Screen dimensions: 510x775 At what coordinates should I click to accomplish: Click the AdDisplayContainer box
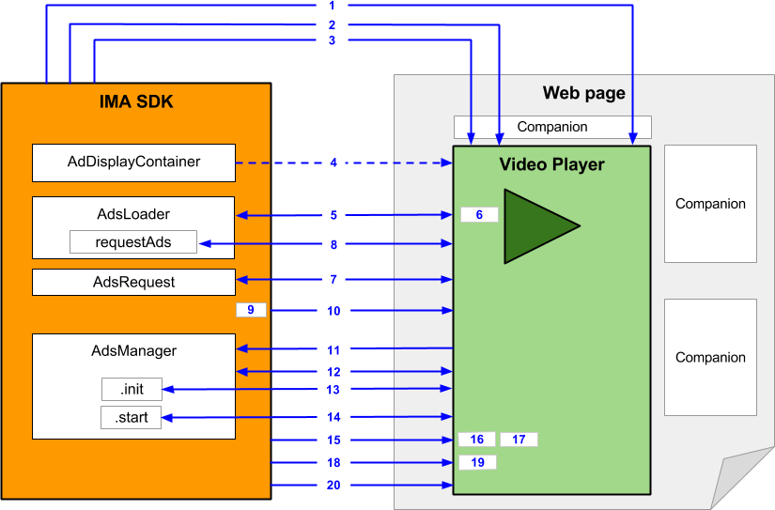point(133,162)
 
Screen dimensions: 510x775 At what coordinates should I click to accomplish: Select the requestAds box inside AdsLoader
point(133,242)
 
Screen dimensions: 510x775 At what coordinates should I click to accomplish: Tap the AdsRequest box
point(133,282)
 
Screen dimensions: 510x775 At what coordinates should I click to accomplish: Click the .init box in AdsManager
point(132,389)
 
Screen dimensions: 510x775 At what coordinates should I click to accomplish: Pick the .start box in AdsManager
point(132,418)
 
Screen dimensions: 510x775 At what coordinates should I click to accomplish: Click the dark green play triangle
point(535,225)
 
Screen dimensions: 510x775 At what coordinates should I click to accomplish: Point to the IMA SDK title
point(136,101)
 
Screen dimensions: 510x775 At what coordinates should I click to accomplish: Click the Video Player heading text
point(551,165)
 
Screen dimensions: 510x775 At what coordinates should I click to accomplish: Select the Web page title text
point(583,93)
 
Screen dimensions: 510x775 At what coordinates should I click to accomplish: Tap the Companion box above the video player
point(552,127)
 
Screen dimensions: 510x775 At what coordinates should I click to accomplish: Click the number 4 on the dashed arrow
point(333,162)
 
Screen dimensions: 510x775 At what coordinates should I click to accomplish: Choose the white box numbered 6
point(479,215)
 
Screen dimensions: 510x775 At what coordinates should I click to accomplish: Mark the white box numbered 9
point(251,310)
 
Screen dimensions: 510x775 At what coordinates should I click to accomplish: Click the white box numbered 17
point(519,440)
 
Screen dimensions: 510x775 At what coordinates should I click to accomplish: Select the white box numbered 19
point(477,462)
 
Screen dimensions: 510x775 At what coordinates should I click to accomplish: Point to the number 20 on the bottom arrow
point(333,486)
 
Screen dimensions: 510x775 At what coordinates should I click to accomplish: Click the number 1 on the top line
point(333,6)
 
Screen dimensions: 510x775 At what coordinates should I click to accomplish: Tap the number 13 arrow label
point(333,389)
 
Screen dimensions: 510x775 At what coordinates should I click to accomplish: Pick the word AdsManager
point(133,351)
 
